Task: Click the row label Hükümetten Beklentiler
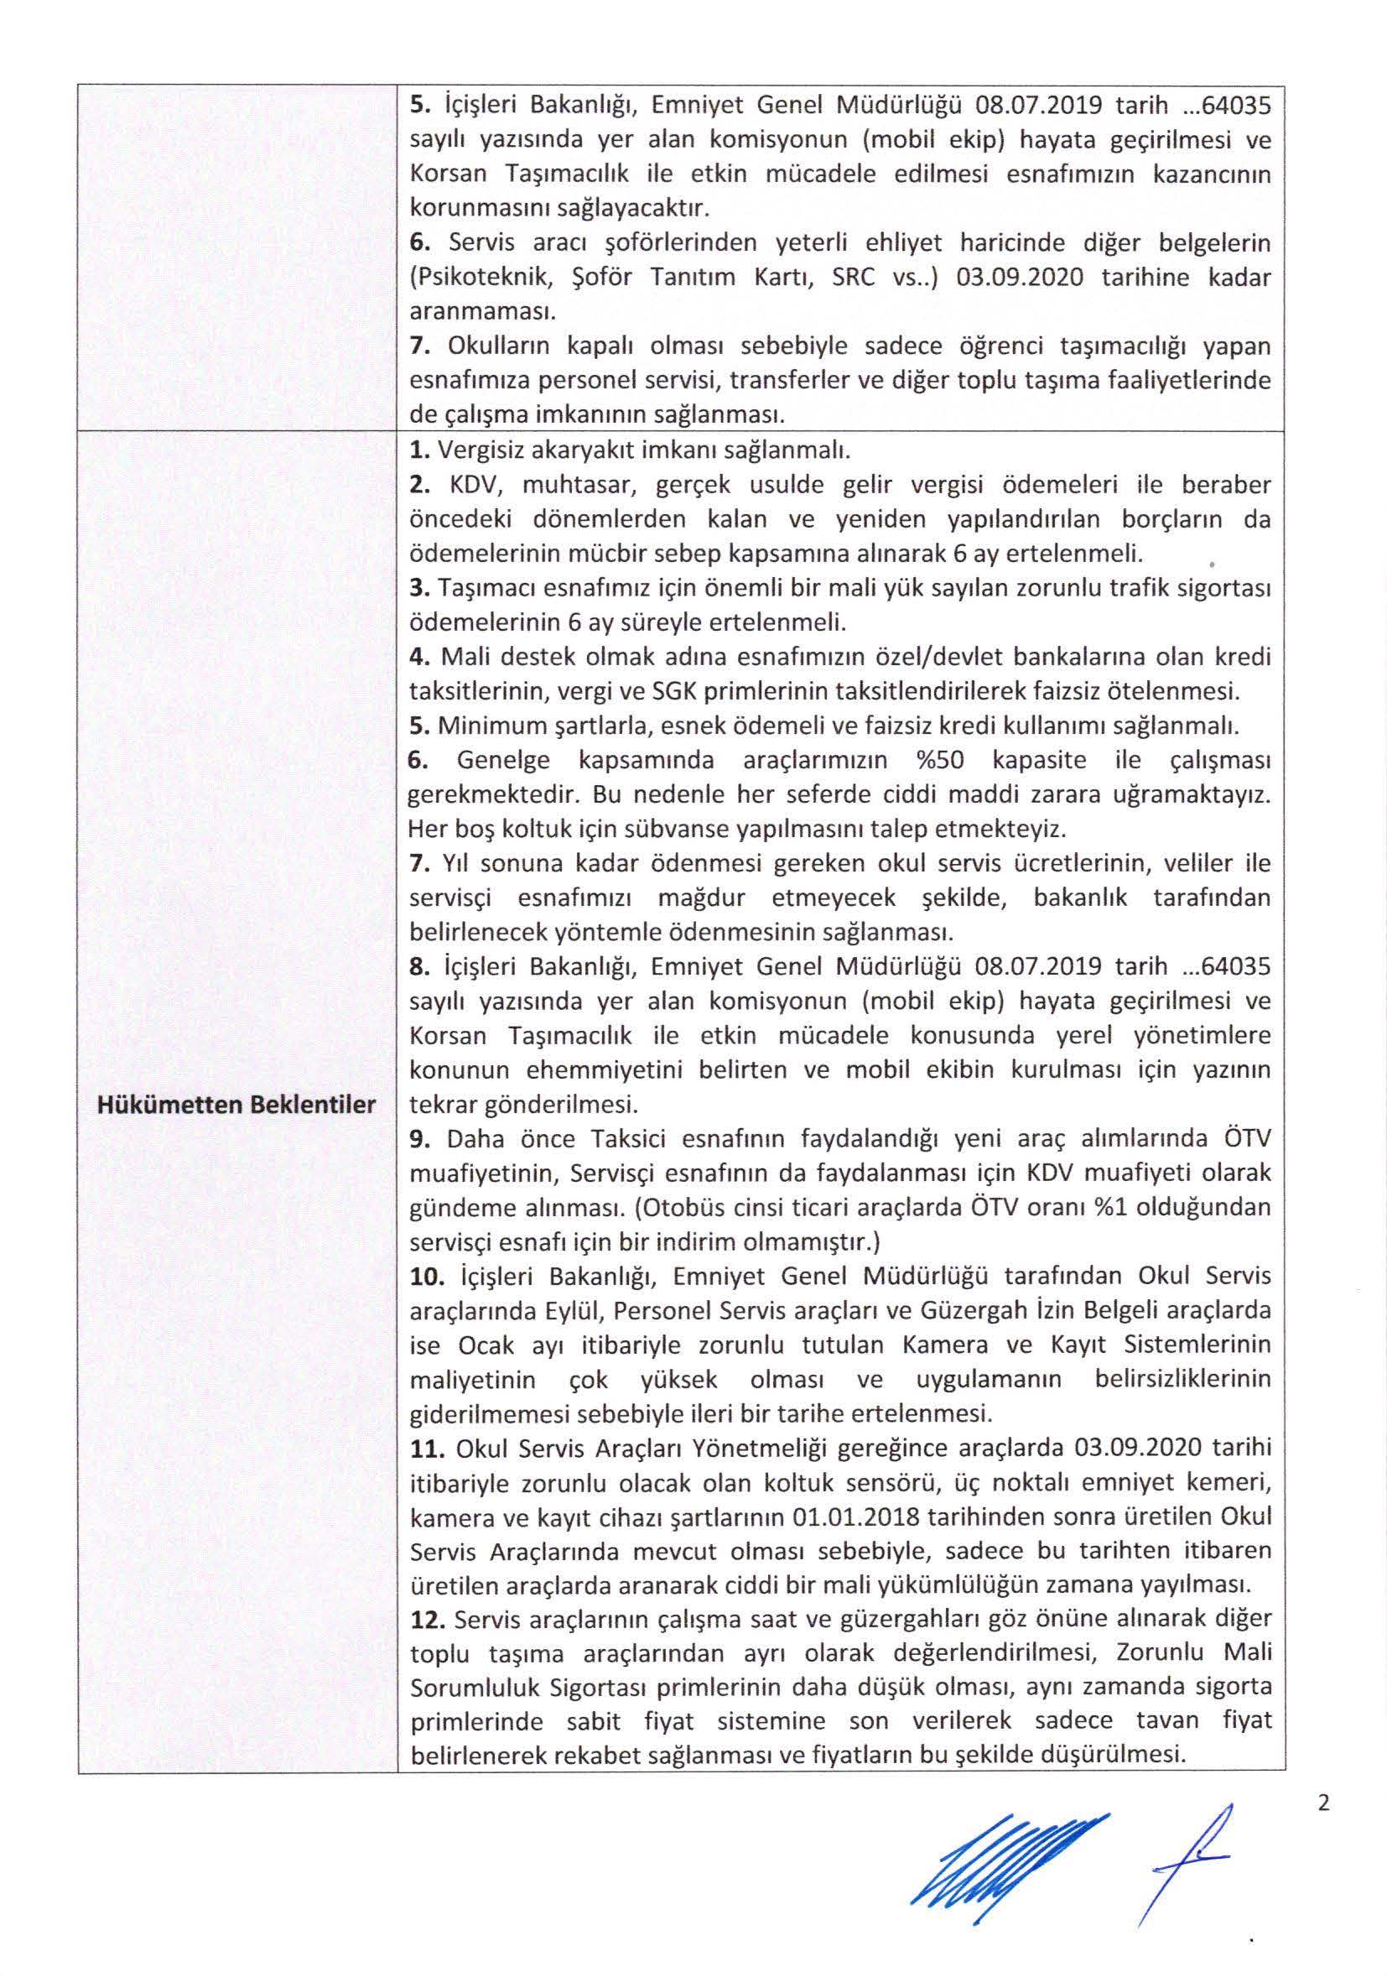click(x=236, y=1105)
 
